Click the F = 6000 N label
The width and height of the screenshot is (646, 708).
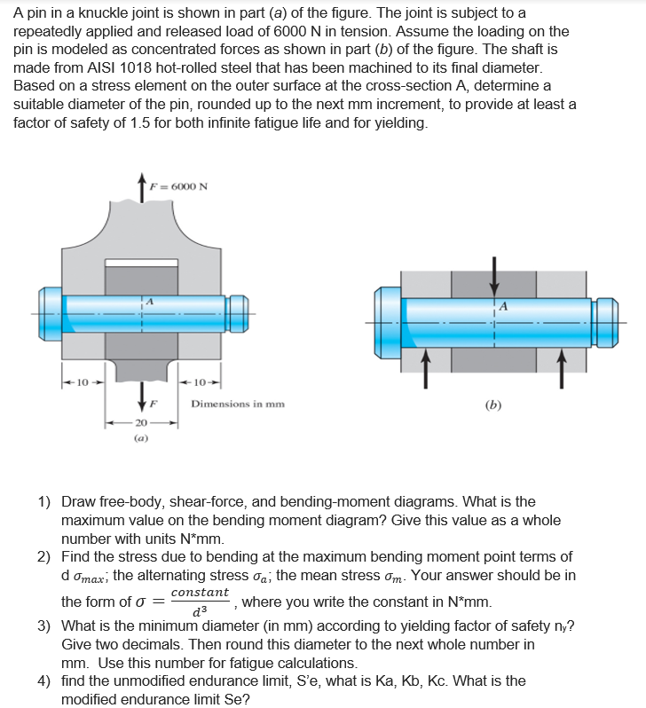pyautogui.click(x=182, y=186)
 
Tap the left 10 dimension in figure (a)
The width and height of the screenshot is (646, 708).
pyautogui.click(x=83, y=383)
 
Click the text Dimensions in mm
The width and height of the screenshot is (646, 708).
pyautogui.click(x=238, y=404)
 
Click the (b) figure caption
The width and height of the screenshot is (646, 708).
pyautogui.click(x=493, y=405)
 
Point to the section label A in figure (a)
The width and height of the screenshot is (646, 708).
pyautogui.click(x=150, y=302)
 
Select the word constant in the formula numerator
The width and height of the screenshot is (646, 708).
pyautogui.click(x=200, y=592)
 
